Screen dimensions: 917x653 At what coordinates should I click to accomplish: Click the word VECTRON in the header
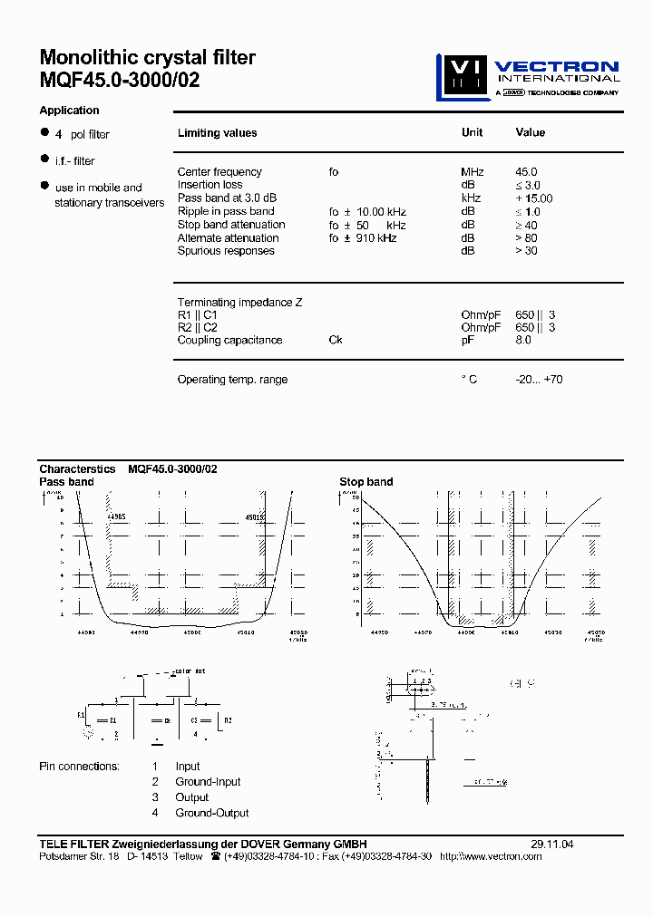559,66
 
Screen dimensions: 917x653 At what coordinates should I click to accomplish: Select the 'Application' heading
69,111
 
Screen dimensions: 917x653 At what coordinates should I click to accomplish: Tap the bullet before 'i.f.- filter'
44,159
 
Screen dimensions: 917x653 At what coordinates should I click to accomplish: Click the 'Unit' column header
472,132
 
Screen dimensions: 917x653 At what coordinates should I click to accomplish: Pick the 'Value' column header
530,132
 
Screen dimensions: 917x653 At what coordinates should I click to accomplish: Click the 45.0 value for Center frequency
526,171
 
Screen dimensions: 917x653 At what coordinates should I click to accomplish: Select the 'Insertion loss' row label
210,185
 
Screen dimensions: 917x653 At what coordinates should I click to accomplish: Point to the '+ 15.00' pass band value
533,198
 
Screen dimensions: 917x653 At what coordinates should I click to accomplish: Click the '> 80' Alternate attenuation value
526,238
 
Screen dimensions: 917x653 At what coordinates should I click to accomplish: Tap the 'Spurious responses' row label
226,251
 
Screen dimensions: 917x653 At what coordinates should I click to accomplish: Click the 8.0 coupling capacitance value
523,340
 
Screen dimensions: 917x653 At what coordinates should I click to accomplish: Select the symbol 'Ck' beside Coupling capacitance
336,340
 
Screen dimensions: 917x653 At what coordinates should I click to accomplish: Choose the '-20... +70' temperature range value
539,380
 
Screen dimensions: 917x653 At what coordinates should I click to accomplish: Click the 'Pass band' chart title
66,482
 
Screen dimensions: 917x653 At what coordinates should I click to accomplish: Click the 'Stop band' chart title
365,482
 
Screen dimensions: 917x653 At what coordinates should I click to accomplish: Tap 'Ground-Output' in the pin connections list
212,813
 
